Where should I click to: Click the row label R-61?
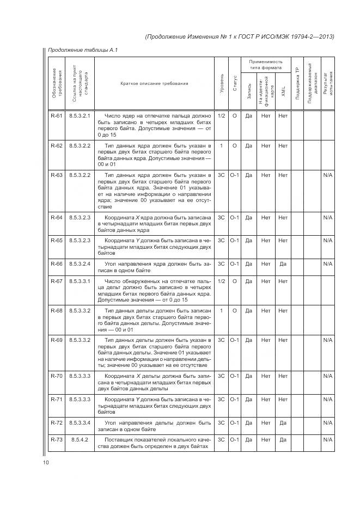(56, 115)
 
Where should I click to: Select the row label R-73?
(56, 439)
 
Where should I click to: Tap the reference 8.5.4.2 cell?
(80, 439)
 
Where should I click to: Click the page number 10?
(46, 463)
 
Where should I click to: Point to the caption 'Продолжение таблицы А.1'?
(83, 50)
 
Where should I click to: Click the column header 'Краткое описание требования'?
(154, 84)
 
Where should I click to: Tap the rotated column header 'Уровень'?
(221, 84)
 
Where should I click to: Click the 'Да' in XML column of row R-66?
(283, 264)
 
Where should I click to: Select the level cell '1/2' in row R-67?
(221, 281)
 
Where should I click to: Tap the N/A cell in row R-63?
(327, 175)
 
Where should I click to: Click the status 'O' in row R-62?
(234, 146)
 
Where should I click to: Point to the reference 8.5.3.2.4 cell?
(80, 264)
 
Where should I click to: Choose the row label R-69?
(56, 340)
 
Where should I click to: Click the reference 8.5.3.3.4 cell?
(80, 422)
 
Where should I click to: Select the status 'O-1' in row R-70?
(234, 376)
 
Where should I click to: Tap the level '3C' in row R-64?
(221, 218)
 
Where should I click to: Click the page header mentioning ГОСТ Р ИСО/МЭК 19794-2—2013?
(240, 36)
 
